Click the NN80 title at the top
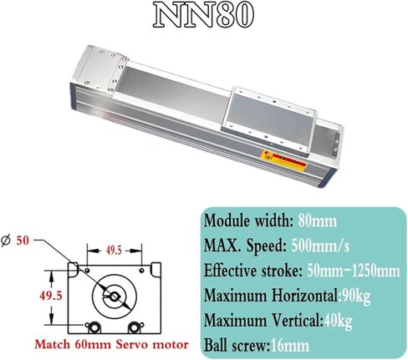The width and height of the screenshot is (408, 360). pyautogui.click(x=204, y=15)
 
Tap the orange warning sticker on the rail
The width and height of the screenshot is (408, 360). pyautogui.click(x=283, y=160)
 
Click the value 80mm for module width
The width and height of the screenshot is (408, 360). pyautogui.click(x=318, y=221)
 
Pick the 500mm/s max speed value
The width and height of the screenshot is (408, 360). pyautogui.click(x=320, y=246)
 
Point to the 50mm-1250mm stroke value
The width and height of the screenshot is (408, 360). pyautogui.click(x=354, y=271)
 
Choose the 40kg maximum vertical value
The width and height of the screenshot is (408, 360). pyautogui.click(x=338, y=322)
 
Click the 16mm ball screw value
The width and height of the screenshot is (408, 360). pyautogui.click(x=290, y=346)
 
